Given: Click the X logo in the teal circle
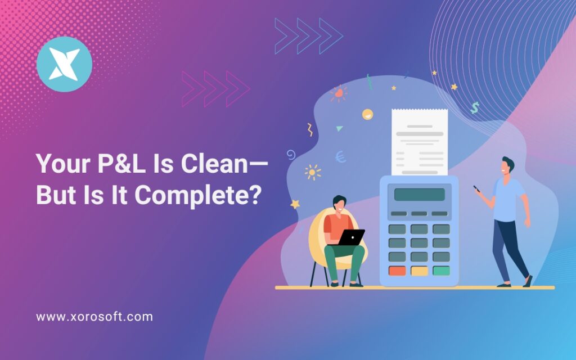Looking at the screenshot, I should click(64, 64).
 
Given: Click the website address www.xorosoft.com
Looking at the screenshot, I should click(94, 317).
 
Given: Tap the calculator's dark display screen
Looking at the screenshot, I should click(419, 195).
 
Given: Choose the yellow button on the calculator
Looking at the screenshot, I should click(419, 271).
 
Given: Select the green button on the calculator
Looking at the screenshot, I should click(441, 271).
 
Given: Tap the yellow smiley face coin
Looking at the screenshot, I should click(367, 114).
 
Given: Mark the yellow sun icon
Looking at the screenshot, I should click(312, 172).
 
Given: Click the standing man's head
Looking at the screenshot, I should click(507, 166).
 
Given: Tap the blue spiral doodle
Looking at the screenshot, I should click(291, 154).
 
